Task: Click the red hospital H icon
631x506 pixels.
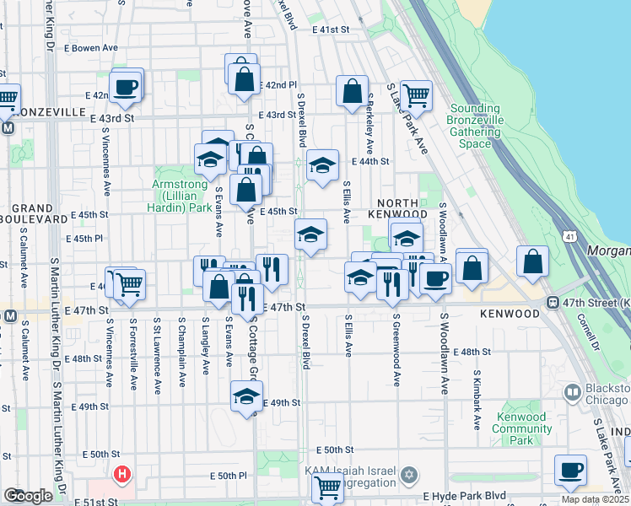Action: pyautogui.click(x=123, y=475)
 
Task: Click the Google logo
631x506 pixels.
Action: pyautogui.click(x=28, y=495)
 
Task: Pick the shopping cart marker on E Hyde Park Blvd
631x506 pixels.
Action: pyautogui.click(x=326, y=487)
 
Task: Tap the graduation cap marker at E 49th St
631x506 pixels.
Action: pyautogui.click(x=245, y=396)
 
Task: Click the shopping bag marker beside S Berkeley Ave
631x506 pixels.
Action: pyautogui.click(x=352, y=91)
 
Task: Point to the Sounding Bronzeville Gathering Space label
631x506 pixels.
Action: pyautogui.click(x=476, y=126)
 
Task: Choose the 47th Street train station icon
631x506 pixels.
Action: pyautogui.click(x=553, y=303)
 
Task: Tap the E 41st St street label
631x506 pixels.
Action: pyautogui.click(x=330, y=30)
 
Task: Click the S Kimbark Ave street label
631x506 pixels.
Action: pyautogui.click(x=477, y=390)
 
